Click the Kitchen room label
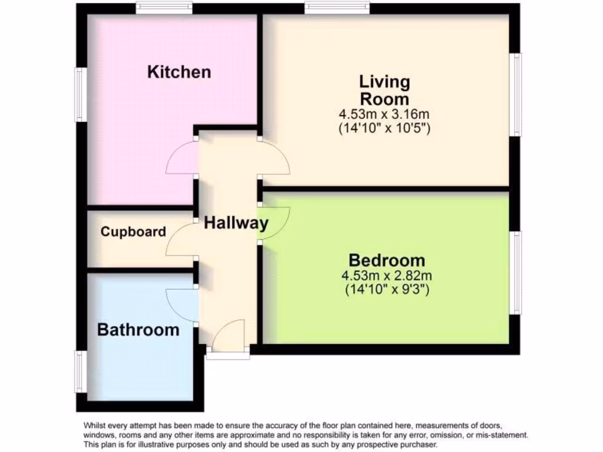coord(178,72)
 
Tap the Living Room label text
coord(385,89)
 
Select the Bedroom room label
coord(386,260)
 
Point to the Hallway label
coord(236,223)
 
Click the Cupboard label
coord(133,232)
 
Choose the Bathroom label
coord(138,330)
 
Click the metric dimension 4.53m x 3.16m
coord(385,113)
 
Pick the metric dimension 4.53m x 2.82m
coord(386,275)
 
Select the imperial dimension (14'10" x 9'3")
coord(386,289)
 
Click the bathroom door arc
coord(181,305)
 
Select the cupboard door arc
coord(180,240)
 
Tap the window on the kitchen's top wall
coord(164,8)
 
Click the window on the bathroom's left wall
coord(81,371)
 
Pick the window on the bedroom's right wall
coord(516,271)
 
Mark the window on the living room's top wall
coord(337,8)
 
